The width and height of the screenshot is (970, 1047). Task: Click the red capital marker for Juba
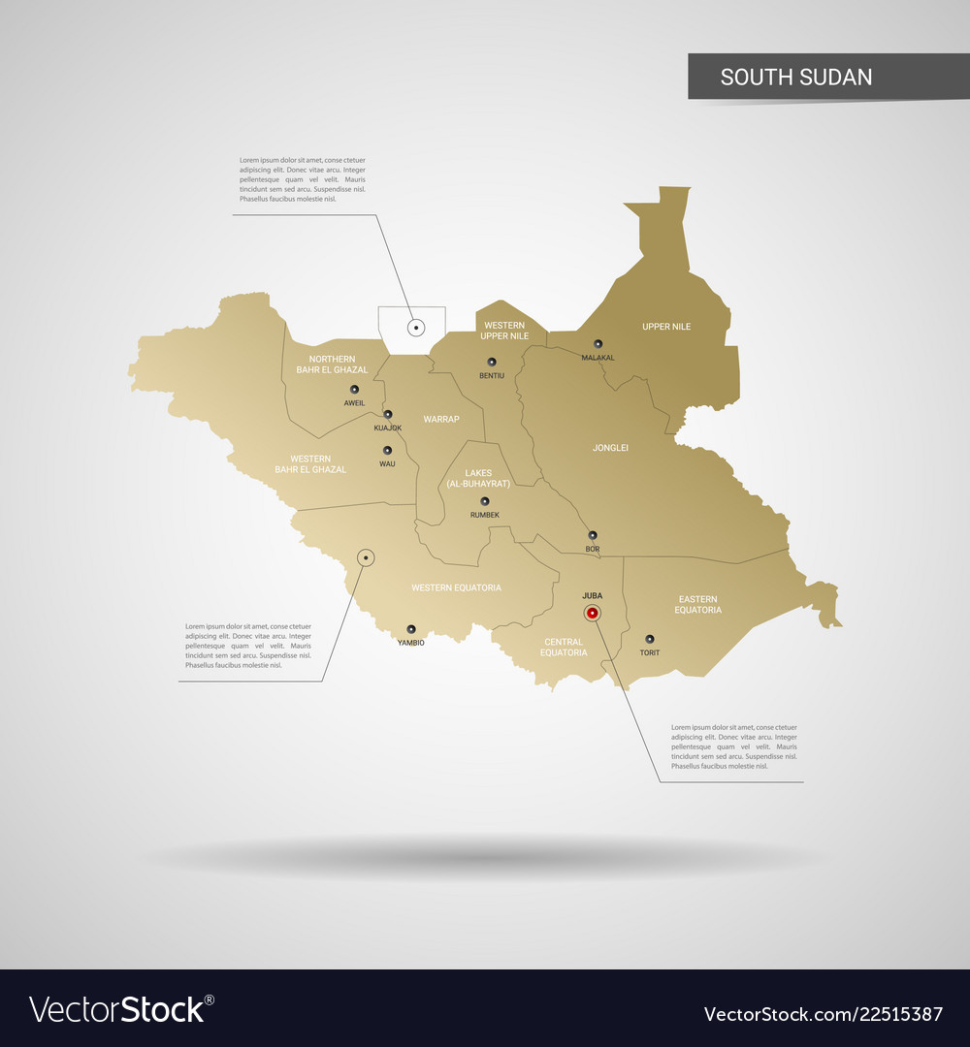pyautogui.click(x=592, y=613)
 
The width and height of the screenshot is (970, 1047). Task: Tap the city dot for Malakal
pyautogui.click(x=598, y=344)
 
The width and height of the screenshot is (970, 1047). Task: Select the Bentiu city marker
pyautogui.click(x=492, y=362)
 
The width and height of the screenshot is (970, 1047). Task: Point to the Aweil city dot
pyautogui.click(x=354, y=390)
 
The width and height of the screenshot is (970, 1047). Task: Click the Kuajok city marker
pyautogui.click(x=388, y=414)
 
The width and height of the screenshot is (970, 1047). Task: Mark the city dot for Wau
pyautogui.click(x=387, y=451)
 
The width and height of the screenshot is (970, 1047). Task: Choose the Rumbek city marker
pyautogui.click(x=484, y=501)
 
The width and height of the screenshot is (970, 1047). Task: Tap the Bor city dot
pyautogui.click(x=592, y=535)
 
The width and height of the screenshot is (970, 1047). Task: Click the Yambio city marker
pyautogui.click(x=410, y=629)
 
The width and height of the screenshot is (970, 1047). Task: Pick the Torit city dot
pyautogui.click(x=650, y=639)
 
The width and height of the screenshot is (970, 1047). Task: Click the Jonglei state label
pyautogui.click(x=611, y=448)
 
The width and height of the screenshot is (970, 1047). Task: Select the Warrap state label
pyautogui.click(x=441, y=420)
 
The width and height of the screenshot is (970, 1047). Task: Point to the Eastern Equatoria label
pyautogui.click(x=698, y=605)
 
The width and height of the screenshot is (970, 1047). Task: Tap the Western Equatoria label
pyautogui.click(x=456, y=587)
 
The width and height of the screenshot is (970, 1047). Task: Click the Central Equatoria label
pyautogui.click(x=565, y=648)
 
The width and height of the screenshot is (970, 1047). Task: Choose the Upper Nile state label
pyautogui.click(x=666, y=327)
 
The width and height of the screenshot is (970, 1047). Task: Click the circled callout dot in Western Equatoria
pyautogui.click(x=366, y=557)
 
